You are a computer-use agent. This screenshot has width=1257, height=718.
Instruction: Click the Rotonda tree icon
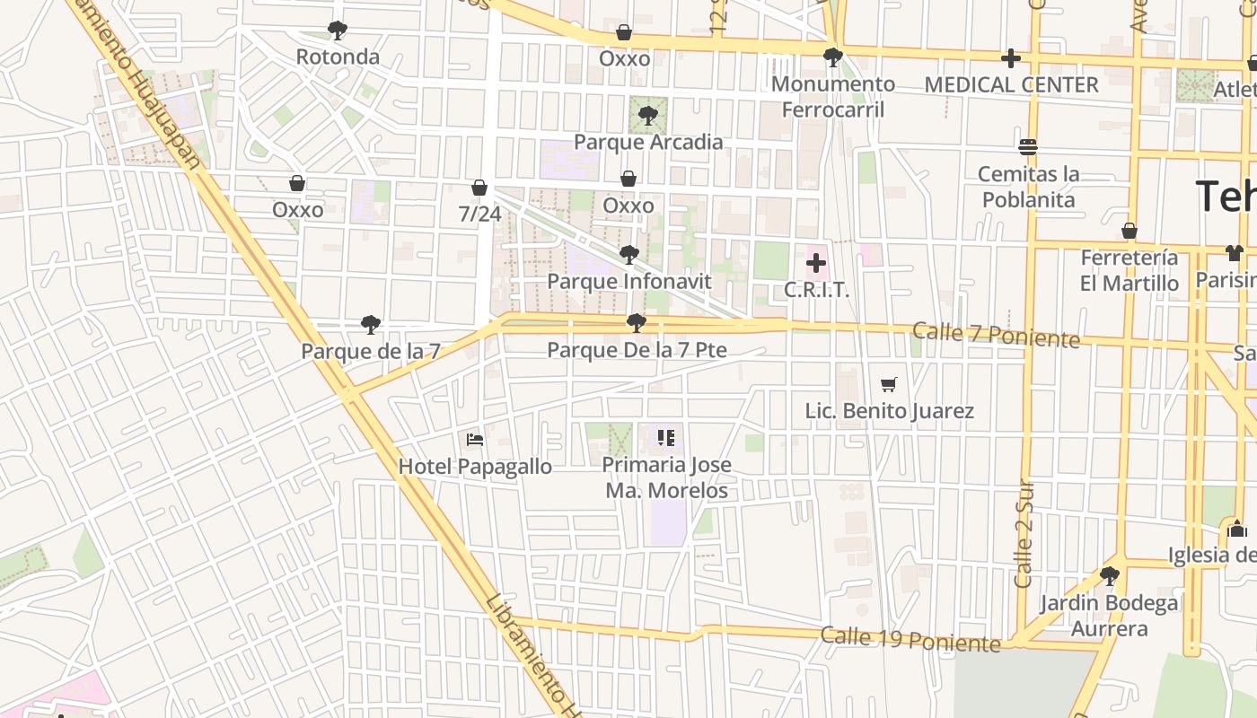pyautogui.click(x=338, y=31)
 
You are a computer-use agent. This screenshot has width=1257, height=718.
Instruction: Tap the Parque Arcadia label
pyautogui.click(x=647, y=142)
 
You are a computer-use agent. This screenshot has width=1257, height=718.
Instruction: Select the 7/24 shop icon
pyautogui.click(x=479, y=188)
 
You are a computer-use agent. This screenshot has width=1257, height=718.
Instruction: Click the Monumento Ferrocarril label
pyautogui.click(x=832, y=97)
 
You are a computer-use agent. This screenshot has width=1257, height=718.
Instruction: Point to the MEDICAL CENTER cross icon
pyautogui.click(x=1011, y=59)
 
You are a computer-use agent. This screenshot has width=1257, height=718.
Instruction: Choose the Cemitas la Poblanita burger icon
pyautogui.click(x=1028, y=147)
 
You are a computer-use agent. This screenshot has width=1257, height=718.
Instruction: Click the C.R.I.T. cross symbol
pyautogui.click(x=815, y=264)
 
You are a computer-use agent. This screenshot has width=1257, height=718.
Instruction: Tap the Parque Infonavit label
pyautogui.click(x=628, y=282)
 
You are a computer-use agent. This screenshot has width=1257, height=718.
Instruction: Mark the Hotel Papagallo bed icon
pyautogui.click(x=475, y=440)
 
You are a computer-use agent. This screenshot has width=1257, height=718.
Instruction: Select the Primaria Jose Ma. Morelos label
pyautogui.click(x=666, y=478)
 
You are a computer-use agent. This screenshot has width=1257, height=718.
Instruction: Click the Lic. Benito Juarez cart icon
pyautogui.click(x=889, y=385)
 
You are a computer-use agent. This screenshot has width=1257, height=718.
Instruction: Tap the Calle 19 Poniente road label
pyautogui.click(x=910, y=639)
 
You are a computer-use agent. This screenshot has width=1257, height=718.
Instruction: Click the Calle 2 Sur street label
pyautogui.click(x=1024, y=534)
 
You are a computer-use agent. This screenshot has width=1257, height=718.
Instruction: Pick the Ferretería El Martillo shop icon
pyautogui.click(x=1130, y=232)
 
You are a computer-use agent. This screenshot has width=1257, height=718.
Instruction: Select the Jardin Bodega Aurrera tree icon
pyautogui.click(x=1110, y=576)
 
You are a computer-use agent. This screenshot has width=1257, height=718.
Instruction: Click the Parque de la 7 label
pyautogui.click(x=370, y=351)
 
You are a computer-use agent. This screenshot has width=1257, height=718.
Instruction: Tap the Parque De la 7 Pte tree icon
pyautogui.click(x=637, y=323)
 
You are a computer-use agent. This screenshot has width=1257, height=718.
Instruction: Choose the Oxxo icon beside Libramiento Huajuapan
pyautogui.click(x=297, y=184)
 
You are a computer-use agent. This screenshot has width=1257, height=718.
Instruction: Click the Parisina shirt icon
pyautogui.click(x=1234, y=253)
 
